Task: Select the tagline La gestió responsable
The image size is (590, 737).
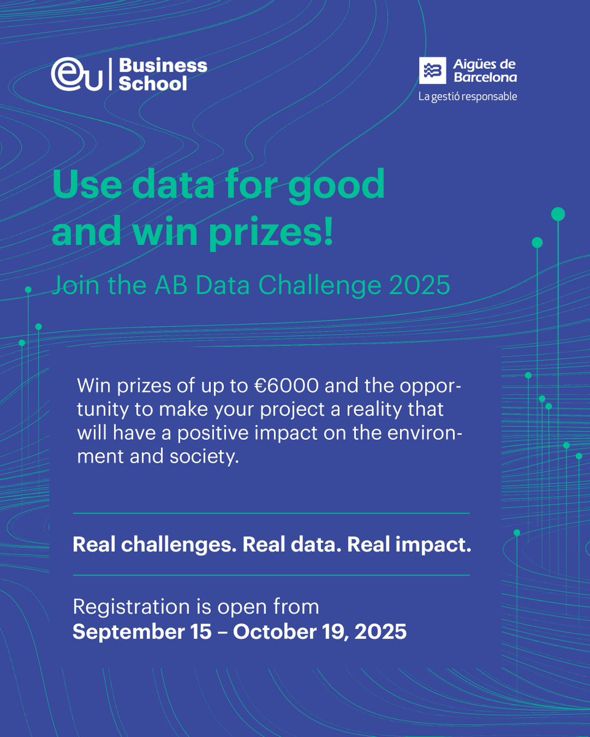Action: [x=468, y=96]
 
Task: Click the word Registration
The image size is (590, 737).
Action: [x=128, y=607]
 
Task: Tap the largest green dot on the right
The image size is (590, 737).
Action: [x=558, y=214]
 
